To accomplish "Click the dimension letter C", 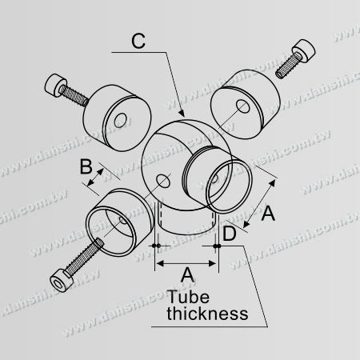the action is (x=138, y=42).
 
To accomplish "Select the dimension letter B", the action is (x=86, y=166).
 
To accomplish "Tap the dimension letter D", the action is (x=230, y=234).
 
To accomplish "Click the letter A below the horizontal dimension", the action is (x=187, y=274).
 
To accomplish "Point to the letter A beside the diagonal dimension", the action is (x=268, y=214).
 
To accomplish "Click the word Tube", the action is (x=188, y=297).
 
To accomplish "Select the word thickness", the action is (x=207, y=314).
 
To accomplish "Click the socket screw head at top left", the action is (x=56, y=85).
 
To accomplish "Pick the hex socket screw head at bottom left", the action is (x=62, y=281).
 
